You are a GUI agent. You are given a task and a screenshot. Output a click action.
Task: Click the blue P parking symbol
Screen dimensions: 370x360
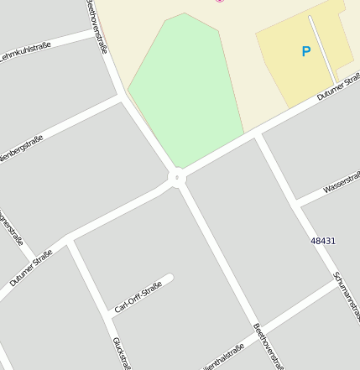pos(305,52)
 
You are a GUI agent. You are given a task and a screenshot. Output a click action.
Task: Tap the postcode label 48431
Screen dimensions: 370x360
pos(323,241)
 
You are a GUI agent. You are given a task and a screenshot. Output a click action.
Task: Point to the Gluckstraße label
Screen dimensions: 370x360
pos(122,352)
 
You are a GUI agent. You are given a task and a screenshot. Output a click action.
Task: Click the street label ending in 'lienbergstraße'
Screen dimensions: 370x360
pos(21,149)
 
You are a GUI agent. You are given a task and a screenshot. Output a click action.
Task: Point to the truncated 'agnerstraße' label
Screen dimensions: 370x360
pos(13,227)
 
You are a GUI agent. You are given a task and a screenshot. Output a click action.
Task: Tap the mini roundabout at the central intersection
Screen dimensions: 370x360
pos(177,177)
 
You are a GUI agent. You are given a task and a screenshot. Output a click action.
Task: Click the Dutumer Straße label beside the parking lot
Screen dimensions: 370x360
pos(340,89)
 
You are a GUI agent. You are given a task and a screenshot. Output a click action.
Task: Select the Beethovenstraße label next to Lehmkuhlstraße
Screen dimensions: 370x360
pos(97,27)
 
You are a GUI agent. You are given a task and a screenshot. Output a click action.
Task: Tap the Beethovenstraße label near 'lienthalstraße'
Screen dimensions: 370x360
pos(268,345)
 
